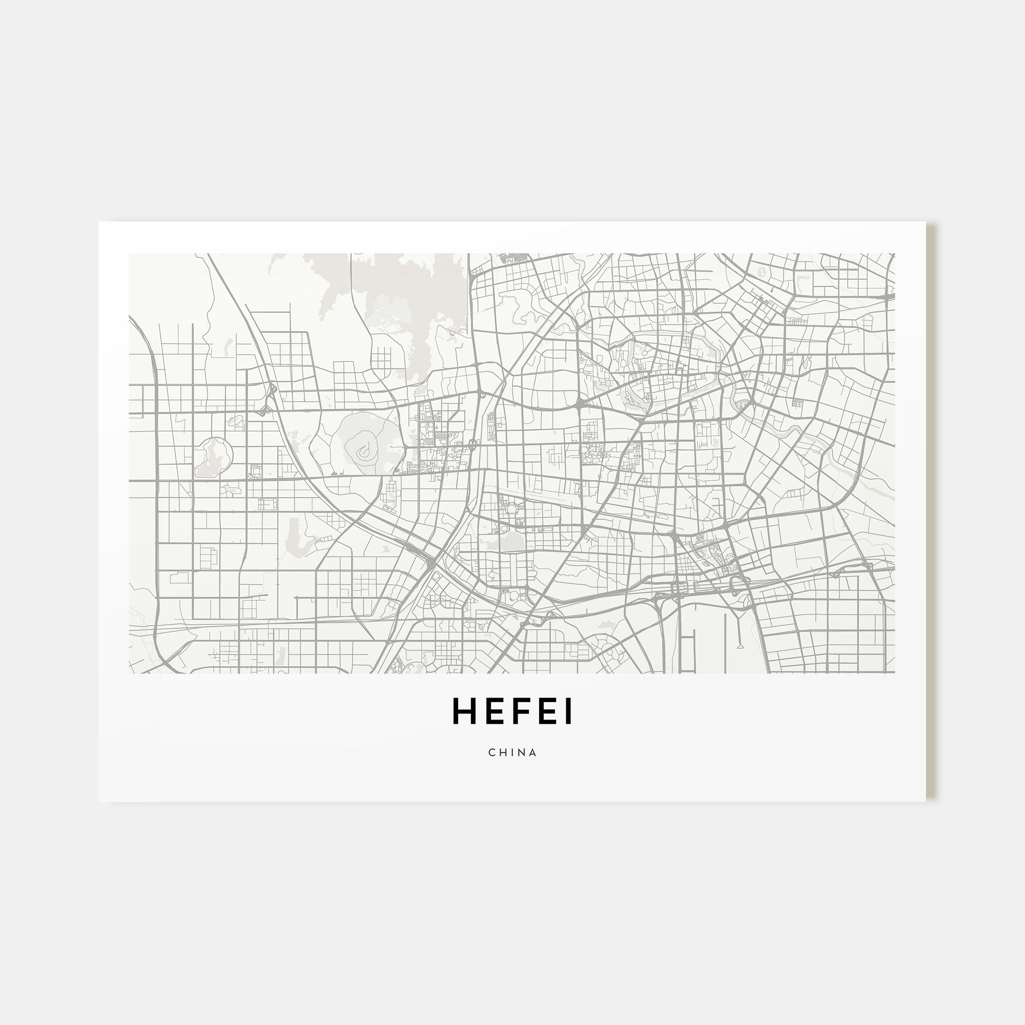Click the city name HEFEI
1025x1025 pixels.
[x=512, y=711]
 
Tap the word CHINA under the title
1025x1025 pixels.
[x=512, y=752]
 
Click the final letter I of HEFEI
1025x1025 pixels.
[x=569, y=711]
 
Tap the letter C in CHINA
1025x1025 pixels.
[x=492, y=752]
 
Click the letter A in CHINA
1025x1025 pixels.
[x=533, y=752]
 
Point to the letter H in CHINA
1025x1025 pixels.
[x=502, y=752]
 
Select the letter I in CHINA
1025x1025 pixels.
[x=511, y=752]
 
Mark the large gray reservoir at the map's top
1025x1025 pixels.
[x=403, y=297]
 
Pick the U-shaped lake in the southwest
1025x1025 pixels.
[x=295, y=536]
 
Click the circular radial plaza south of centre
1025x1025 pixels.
[x=512, y=510]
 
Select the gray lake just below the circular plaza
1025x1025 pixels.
[x=509, y=541]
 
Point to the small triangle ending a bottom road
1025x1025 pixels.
[x=739, y=646]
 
